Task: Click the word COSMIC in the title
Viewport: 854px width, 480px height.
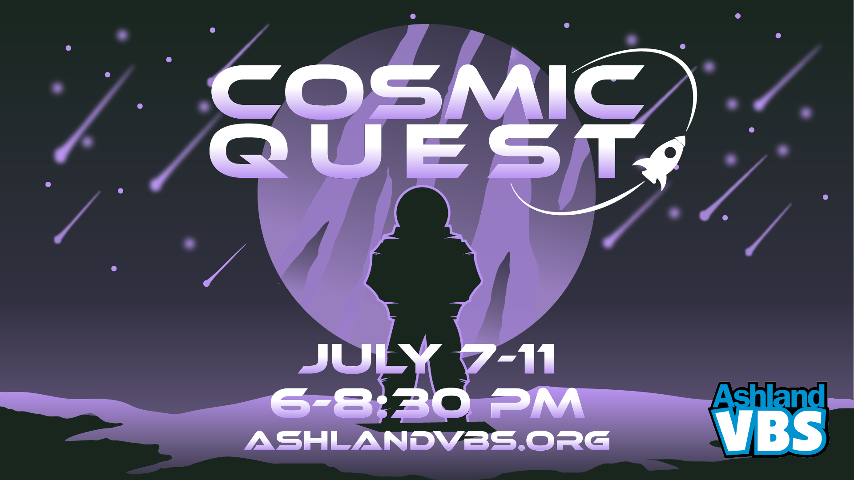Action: click(427, 92)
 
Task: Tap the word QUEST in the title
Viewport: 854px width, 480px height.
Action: click(427, 151)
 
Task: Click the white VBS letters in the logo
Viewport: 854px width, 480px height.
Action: click(771, 432)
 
